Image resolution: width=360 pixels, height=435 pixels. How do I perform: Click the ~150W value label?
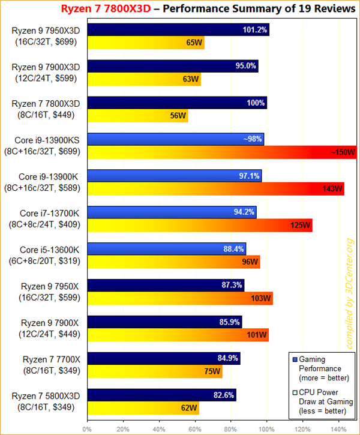(343, 152)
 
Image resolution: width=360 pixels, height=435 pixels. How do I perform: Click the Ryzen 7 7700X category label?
(50, 364)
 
